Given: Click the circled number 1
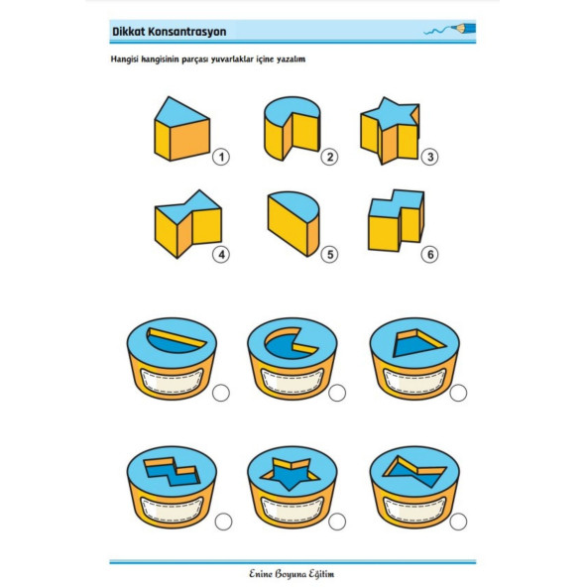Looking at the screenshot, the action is click(x=221, y=157).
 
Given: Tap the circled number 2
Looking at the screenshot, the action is click(x=329, y=157).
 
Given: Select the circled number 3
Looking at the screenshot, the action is click(x=429, y=157).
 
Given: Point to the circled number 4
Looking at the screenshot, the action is click(x=221, y=255).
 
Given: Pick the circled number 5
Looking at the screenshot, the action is click(x=329, y=255).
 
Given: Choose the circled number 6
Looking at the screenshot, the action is click(x=429, y=255).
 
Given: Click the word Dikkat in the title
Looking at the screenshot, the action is click(x=129, y=32).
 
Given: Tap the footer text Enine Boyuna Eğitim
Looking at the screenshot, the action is click(x=292, y=574).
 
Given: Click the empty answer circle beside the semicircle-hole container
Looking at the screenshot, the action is click(x=221, y=393).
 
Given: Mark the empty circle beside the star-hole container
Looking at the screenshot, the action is click(x=337, y=522).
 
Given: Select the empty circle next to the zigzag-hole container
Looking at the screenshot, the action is click(x=223, y=522).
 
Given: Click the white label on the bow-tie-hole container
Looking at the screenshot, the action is click(x=414, y=510).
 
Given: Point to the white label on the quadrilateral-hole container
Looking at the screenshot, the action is click(x=414, y=381).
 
